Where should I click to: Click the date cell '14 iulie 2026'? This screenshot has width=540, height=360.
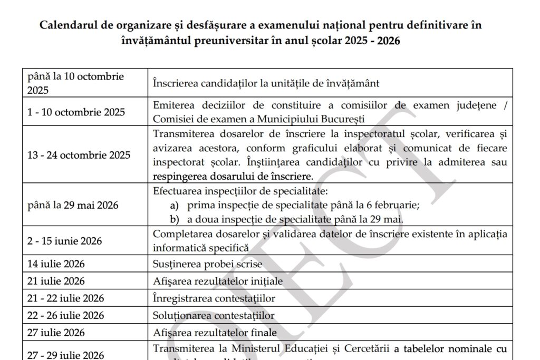tap(56, 264)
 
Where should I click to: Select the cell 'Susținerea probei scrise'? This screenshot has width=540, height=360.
tap(207, 264)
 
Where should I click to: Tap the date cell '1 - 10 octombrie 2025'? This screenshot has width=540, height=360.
tap(76, 112)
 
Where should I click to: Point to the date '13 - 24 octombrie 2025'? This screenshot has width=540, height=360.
tap(79, 155)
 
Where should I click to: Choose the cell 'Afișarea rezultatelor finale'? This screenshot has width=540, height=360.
tap(215, 333)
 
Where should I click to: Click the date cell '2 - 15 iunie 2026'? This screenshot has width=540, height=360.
tap(65, 241)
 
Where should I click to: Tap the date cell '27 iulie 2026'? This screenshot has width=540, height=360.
tap(56, 333)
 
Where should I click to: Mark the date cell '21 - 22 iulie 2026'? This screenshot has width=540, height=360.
tap(65, 298)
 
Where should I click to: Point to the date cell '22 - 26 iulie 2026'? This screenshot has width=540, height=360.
tap(65, 316)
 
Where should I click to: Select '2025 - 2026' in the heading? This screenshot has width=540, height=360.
tap(370, 41)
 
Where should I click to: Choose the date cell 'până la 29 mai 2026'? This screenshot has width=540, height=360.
tap(73, 205)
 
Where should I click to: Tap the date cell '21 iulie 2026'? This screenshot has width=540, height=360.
tap(56, 281)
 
